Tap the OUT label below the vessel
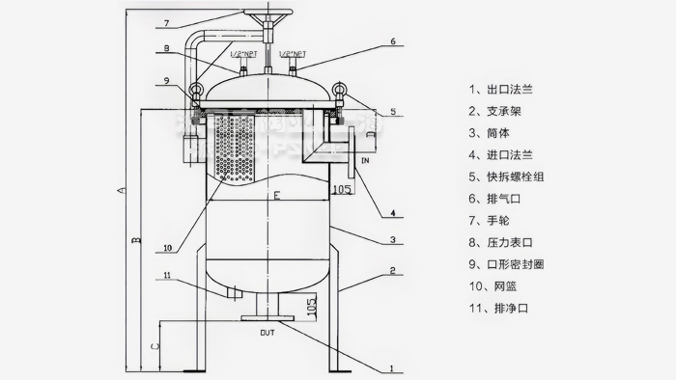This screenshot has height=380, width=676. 268,333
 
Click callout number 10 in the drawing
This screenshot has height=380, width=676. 168,248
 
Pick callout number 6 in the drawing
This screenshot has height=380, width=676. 393,41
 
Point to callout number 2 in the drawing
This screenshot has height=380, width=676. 393,271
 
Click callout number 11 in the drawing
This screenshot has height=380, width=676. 168,277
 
